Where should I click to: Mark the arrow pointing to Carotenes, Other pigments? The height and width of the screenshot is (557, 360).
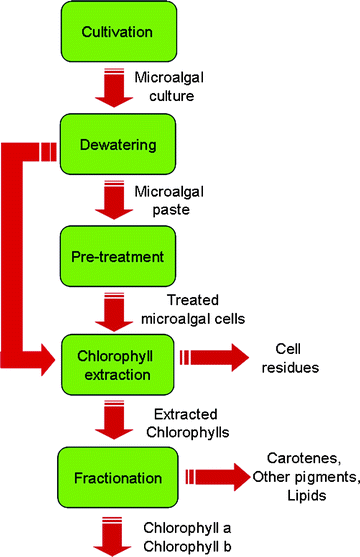(209, 474)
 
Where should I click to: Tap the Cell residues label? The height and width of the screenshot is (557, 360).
(297, 358)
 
